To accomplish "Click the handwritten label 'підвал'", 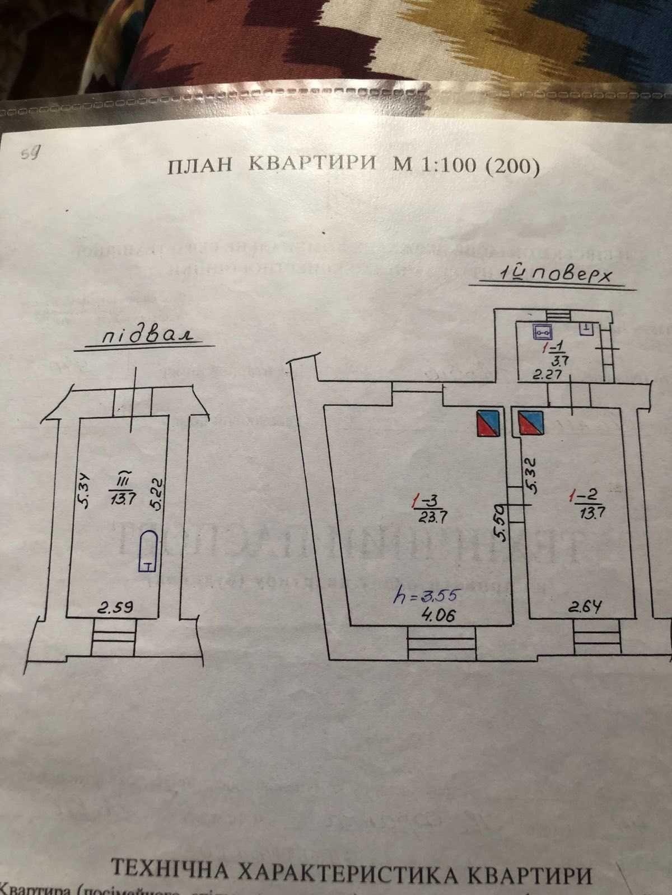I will coord(147,337).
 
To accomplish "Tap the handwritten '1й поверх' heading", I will coord(552,277).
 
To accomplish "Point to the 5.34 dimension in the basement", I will coord(86,491).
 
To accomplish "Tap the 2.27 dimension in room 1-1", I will coord(547,376).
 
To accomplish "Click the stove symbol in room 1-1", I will coord(542,332).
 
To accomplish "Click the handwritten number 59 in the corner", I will coord(30,154).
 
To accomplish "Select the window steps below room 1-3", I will coord(441,644).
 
